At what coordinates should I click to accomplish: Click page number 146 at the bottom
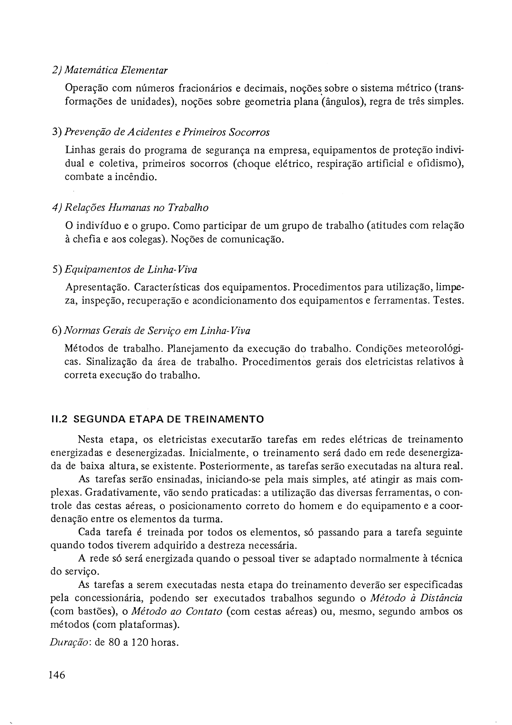click(x=57, y=675)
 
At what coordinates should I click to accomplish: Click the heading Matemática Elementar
click(x=116, y=70)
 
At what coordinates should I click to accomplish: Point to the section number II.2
click(x=59, y=419)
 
